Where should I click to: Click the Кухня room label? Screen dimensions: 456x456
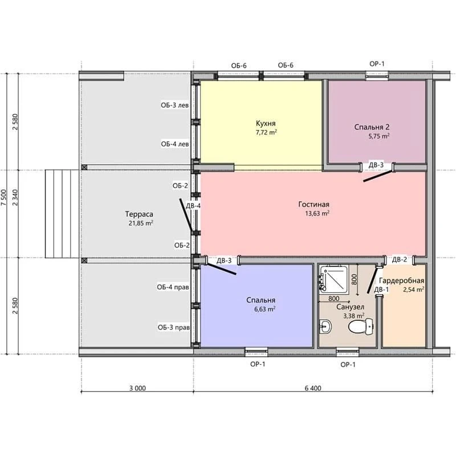coord(266,123)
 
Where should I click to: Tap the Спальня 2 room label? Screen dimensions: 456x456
coord(372,127)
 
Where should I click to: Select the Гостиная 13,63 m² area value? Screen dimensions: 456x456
coord(317,213)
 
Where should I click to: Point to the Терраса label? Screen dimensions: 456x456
coord(139,214)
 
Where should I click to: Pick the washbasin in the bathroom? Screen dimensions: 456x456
coord(325,326)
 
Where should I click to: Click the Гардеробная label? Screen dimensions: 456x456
coord(402,280)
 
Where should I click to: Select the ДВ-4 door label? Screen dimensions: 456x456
coord(193,206)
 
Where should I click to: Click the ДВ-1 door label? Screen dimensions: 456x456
coord(381,290)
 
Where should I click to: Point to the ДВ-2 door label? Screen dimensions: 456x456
coord(400,259)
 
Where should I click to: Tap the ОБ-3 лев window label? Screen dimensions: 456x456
coord(175,105)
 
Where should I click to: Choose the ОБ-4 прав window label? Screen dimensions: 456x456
coord(173,287)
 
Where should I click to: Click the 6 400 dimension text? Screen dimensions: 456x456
coord(313,388)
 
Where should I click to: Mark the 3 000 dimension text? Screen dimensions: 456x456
coord(137,388)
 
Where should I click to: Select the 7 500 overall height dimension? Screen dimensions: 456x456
coord(3,197)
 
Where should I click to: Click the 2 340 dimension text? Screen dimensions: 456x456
coord(15,197)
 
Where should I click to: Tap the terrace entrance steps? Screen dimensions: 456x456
coord(62,214)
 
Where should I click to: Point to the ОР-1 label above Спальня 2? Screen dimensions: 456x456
coord(377,64)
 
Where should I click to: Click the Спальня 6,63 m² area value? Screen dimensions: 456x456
coord(264,309)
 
